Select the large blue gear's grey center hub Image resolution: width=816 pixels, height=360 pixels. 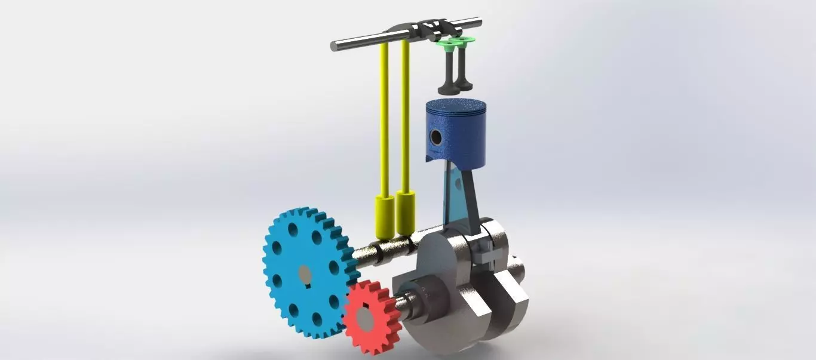305,274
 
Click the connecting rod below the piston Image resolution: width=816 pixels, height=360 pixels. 463,191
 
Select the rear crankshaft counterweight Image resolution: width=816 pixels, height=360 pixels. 508,293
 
